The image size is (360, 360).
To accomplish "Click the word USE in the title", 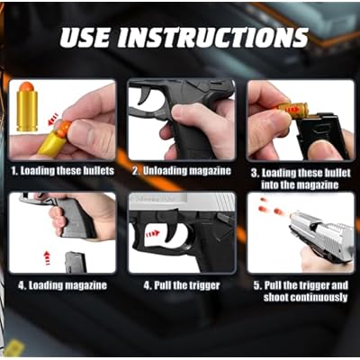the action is [85, 38].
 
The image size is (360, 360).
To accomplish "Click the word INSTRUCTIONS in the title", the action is [212, 38].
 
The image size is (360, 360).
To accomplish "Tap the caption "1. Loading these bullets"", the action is [63, 171].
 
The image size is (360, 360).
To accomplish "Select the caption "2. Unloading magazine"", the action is [182, 171].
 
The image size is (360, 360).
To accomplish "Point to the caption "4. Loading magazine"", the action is [62, 285].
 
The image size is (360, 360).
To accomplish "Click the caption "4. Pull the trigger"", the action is [182, 285].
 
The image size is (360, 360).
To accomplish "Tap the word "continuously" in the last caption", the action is [319, 297].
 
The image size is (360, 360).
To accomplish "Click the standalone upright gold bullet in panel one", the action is [27, 106].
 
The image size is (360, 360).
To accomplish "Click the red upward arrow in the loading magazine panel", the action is [47, 258].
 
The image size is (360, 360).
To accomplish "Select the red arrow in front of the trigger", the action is [153, 233].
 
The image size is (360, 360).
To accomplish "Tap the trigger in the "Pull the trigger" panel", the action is [173, 229].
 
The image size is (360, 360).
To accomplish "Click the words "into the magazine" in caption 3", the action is [300, 184].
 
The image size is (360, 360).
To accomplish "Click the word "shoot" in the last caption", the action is [275, 297].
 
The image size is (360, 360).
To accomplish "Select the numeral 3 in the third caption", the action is [254, 173].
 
